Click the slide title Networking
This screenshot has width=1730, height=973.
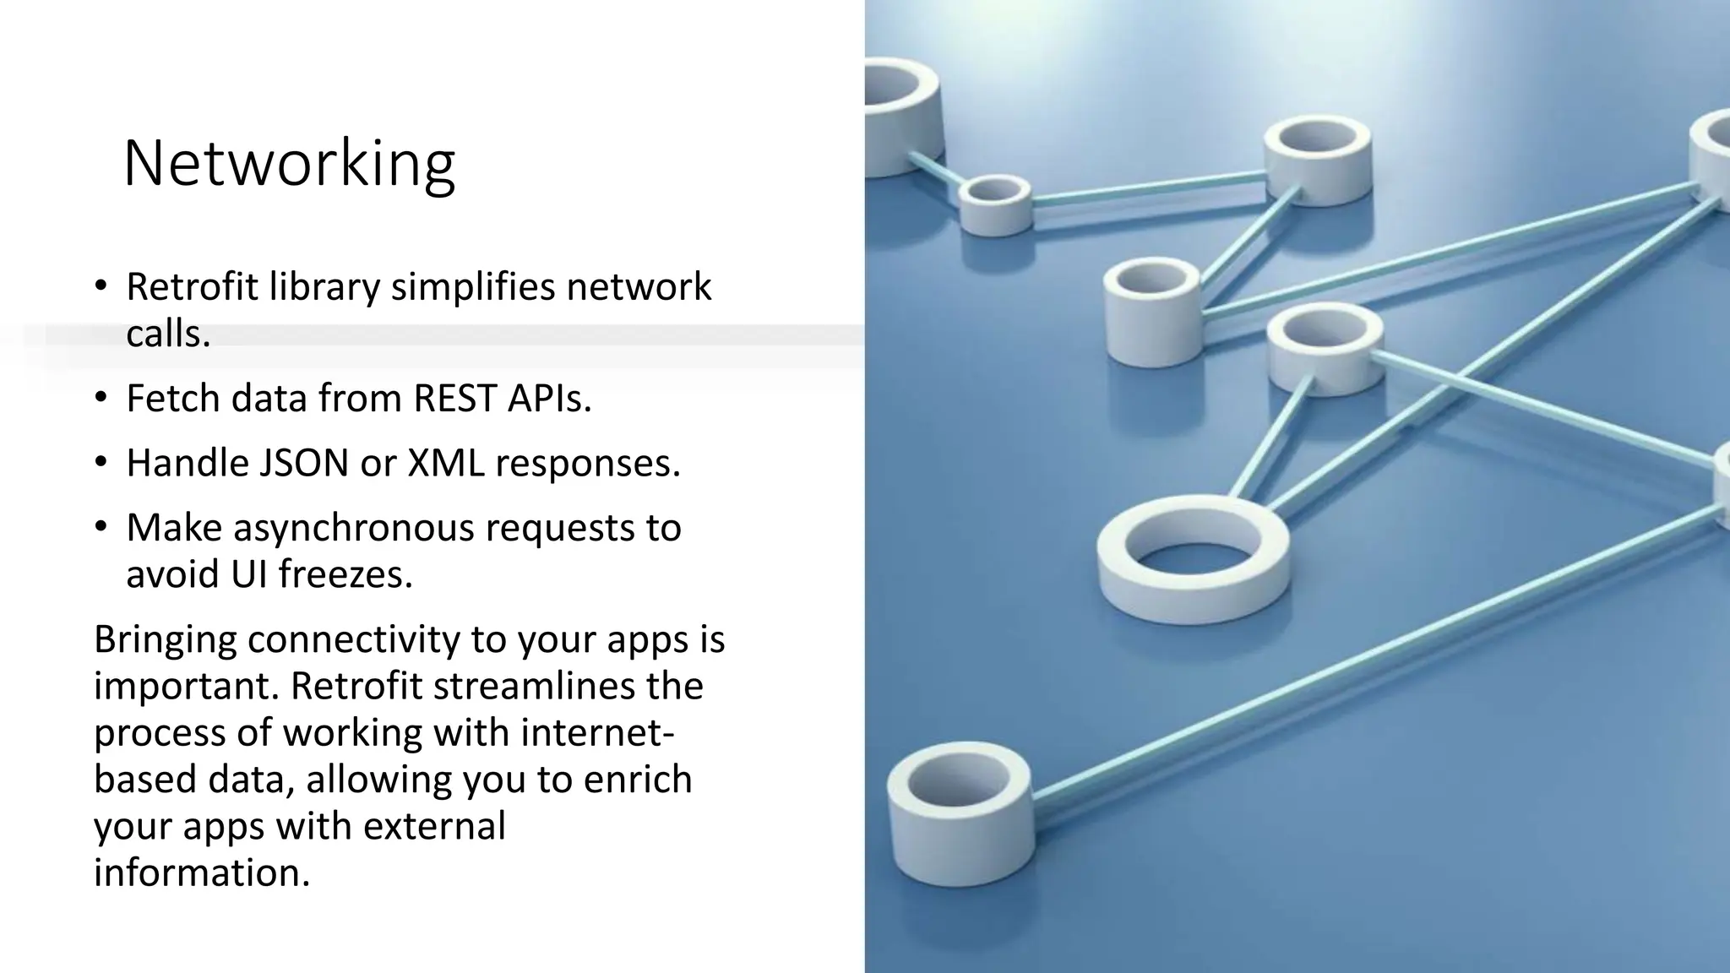289,163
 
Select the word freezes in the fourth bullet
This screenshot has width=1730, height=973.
345,575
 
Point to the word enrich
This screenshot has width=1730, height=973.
638,779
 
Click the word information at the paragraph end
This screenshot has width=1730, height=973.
201,872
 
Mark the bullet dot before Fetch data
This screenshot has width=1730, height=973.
101,398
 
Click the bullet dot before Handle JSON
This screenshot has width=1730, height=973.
101,462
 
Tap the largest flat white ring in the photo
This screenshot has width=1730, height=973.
1193,558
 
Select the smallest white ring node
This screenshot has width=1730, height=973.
995,204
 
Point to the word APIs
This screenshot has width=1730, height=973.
549,399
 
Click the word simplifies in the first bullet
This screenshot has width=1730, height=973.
473,287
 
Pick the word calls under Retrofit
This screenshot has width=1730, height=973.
167,334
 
